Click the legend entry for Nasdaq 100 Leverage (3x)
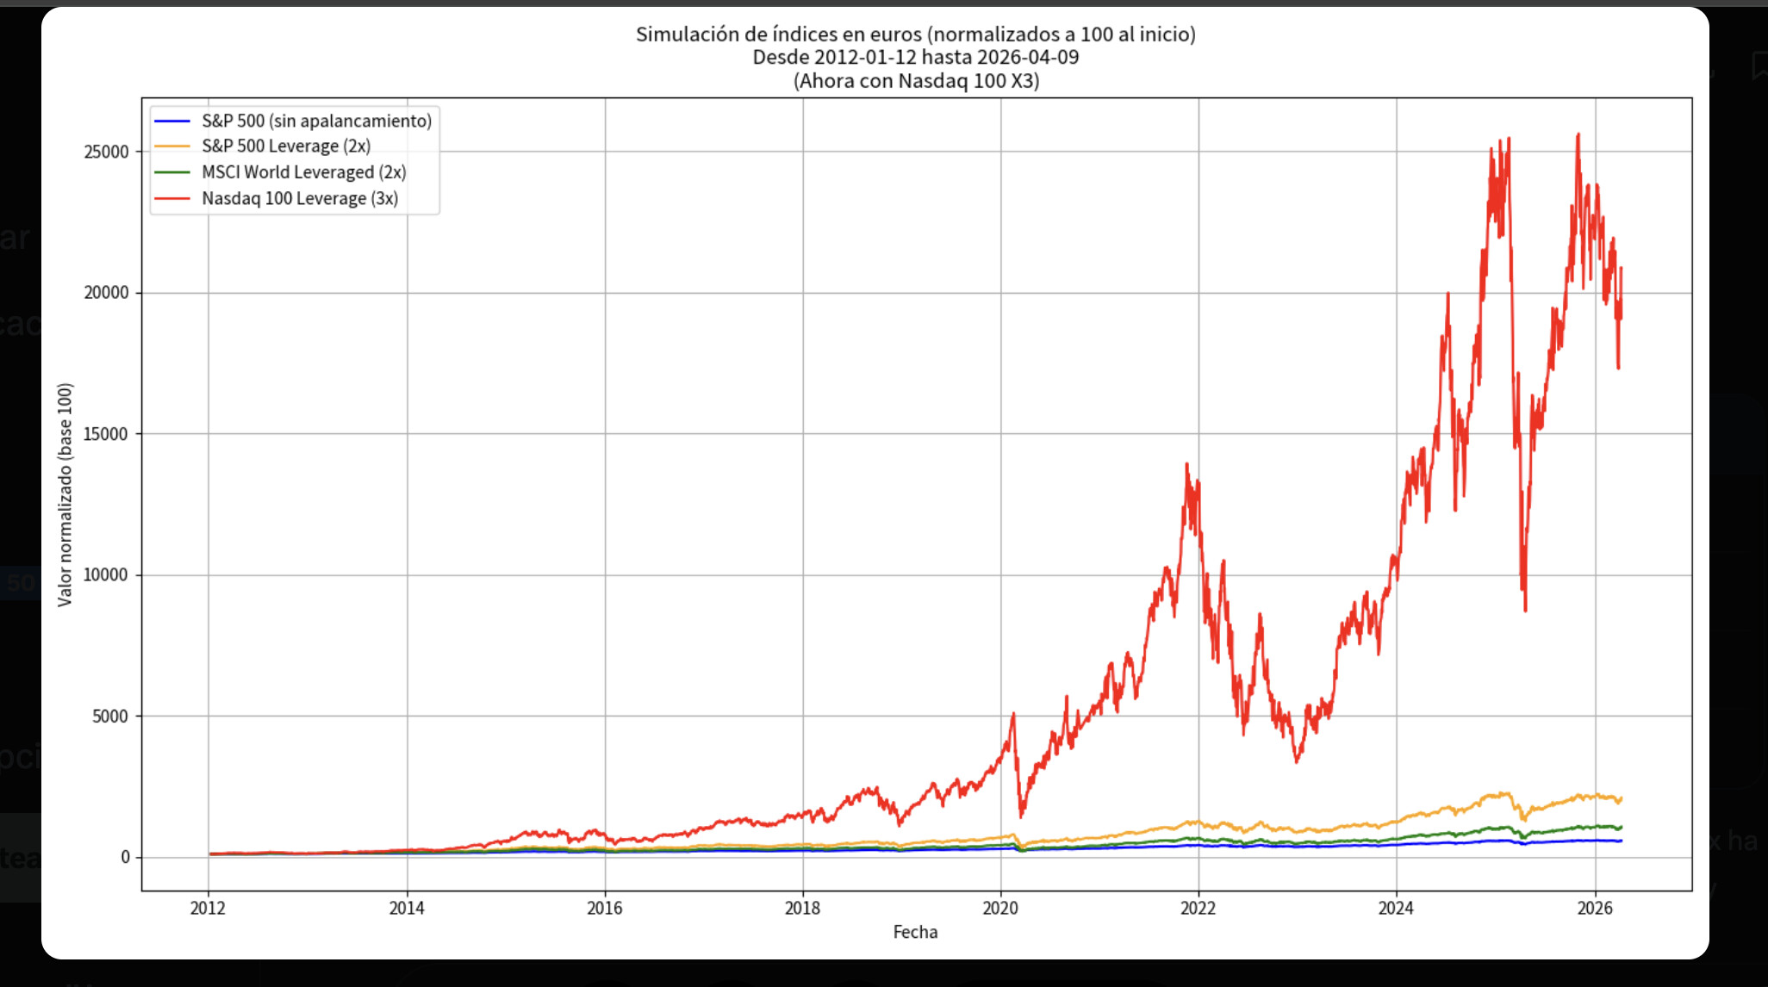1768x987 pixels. tap(299, 199)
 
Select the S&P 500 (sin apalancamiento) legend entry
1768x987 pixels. tap(316, 121)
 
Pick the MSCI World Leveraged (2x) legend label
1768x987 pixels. tap(303, 173)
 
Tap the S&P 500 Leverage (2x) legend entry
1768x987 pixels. tap(286, 147)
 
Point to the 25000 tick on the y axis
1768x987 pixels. tap(106, 152)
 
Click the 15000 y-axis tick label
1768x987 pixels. tap(106, 434)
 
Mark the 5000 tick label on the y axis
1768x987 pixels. tap(110, 717)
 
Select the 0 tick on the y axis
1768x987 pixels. tap(125, 857)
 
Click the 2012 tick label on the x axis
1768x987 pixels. tap(208, 908)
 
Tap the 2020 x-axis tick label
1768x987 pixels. tap(1000, 908)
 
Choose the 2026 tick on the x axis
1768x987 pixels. tap(1595, 908)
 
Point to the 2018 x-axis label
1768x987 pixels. tap(802, 908)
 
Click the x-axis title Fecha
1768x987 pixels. tap(915, 932)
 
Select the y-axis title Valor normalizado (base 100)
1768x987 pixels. tap(65, 494)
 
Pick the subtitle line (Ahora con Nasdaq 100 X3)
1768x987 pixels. tap(916, 81)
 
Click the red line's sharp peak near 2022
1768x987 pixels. tap(1186, 464)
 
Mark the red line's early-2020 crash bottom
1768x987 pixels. tap(1021, 816)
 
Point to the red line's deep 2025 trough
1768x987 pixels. tap(1525, 610)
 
